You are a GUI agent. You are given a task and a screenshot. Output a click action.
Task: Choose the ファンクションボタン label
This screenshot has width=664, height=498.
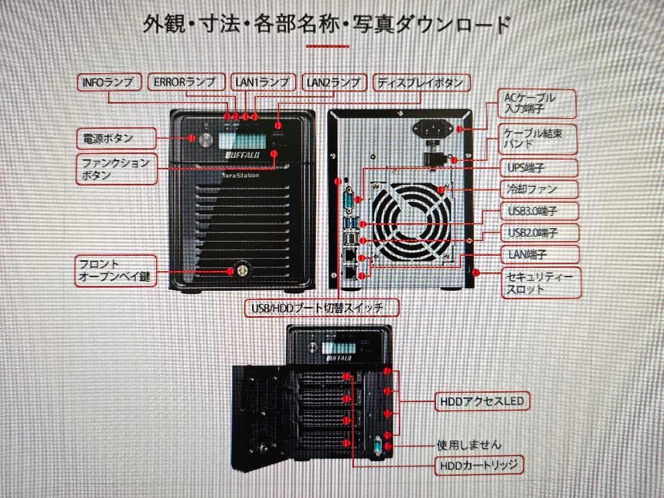(116, 168)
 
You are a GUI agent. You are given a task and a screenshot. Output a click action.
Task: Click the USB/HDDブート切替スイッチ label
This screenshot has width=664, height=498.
(322, 306)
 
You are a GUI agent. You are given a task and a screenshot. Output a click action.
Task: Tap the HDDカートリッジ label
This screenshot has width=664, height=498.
(479, 465)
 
